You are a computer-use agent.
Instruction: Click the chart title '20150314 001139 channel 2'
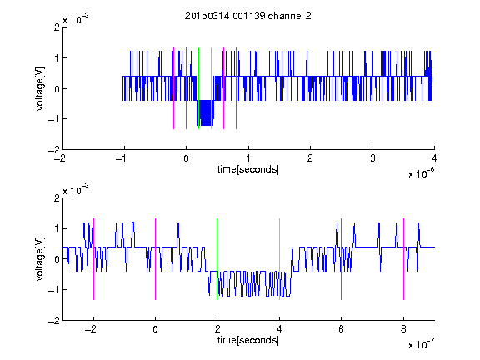(x=248, y=16)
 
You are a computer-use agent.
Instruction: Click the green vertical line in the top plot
(x=198, y=88)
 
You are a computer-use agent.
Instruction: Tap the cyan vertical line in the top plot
(x=211, y=88)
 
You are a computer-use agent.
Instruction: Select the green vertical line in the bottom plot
(x=217, y=259)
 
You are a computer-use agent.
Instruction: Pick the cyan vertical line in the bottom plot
(x=279, y=259)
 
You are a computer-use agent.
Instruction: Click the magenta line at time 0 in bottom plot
(x=156, y=259)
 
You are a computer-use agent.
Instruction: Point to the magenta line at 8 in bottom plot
(x=404, y=259)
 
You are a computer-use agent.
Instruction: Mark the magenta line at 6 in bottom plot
(x=342, y=259)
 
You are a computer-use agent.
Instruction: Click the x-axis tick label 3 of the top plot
(x=372, y=158)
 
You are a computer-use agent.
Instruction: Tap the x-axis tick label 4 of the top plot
(x=434, y=158)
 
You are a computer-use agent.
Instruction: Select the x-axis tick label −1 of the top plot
(x=121, y=158)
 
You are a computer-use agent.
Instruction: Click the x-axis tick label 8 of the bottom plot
(x=403, y=329)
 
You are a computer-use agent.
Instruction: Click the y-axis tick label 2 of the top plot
(x=57, y=27)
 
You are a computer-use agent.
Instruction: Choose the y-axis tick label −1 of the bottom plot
(x=54, y=290)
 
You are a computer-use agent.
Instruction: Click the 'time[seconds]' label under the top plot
(x=248, y=169)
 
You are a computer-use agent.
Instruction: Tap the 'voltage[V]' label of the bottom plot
(x=40, y=259)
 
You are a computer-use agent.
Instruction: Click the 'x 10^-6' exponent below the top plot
(x=422, y=172)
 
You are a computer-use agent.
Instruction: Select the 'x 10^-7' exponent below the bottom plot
(x=422, y=343)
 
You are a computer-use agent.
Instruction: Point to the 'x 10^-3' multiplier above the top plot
(x=76, y=19)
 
